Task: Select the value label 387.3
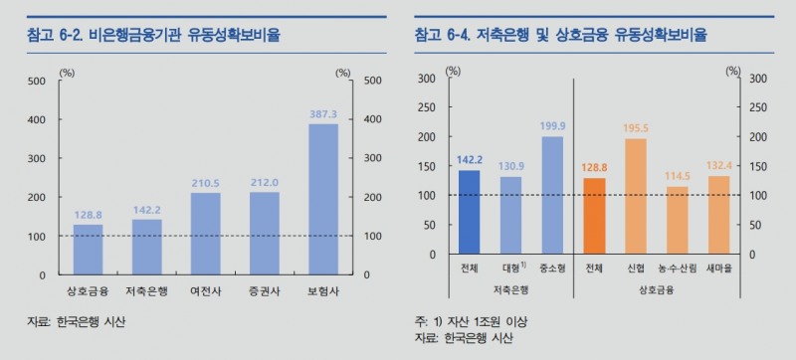click(323, 114)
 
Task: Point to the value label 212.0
click(264, 182)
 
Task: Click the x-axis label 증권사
click(264, 289)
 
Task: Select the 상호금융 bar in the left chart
click(89, 250)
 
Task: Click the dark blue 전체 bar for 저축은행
click(469, 212)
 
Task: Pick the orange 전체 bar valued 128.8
click(593, 216)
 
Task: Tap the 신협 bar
click(635, 196)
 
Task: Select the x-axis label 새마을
click(717, 269)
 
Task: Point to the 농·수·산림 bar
click(677, 220)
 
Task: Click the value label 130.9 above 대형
click(509, 165)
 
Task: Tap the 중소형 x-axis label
click(551, 269)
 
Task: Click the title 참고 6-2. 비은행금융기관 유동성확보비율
click(154, 35)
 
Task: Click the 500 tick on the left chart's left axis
click(37, 81)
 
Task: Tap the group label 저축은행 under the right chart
click(510, 289)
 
